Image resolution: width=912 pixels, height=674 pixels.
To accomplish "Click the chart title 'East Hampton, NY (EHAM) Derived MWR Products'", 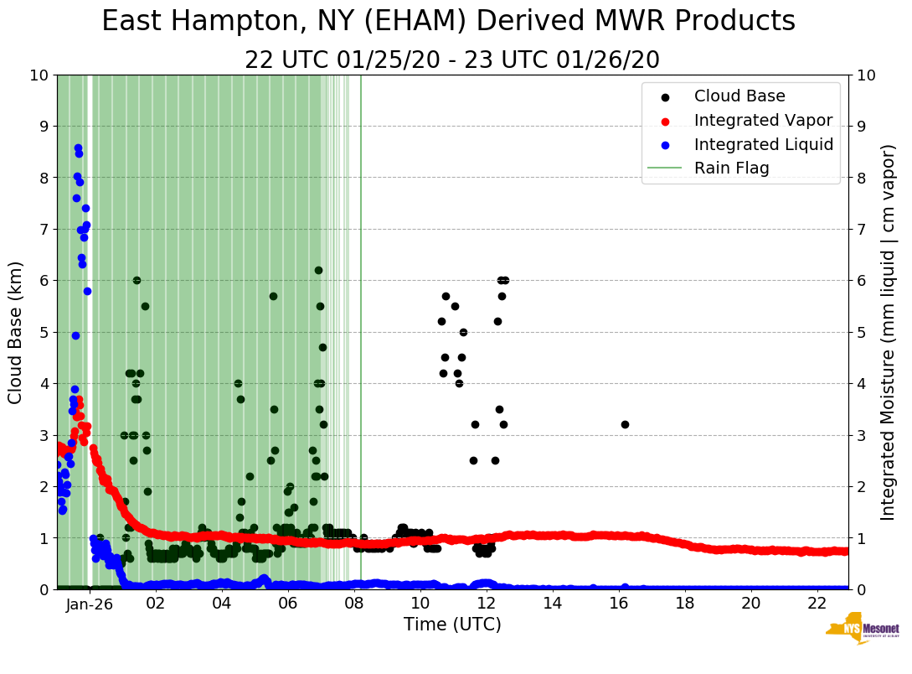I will [448, 22].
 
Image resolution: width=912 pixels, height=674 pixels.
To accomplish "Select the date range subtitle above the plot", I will [452, 60].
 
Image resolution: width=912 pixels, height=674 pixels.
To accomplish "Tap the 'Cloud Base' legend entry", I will [739, 96].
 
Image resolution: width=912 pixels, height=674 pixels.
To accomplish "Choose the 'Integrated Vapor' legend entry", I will [763, 120].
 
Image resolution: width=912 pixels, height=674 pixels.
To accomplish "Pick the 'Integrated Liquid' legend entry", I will [763, 144].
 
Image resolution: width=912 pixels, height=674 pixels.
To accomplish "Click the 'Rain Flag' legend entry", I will [731, 168].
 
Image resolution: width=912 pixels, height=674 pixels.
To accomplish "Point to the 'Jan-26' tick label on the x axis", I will [90, 604].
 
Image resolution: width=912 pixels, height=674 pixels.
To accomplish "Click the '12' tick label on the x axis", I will [487, 604].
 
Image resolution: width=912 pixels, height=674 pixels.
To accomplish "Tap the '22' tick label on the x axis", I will [817, 604].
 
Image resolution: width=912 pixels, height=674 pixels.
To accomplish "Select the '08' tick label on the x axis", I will [354, 604].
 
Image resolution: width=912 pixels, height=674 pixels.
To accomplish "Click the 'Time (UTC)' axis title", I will [452, 625].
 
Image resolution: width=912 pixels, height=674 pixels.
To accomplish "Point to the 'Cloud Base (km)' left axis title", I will [16, 332].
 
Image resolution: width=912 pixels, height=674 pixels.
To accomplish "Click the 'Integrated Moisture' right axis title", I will [889, 332].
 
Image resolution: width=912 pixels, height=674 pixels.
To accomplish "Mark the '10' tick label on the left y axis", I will [39, 75].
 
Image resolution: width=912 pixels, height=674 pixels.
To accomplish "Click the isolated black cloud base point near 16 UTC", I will [625, 424].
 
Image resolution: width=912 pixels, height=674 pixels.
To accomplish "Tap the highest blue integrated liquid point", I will [78, 148].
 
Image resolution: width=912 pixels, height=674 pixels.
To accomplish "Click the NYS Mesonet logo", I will [863, 631].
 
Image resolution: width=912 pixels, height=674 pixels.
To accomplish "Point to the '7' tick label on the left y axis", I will [42, 229].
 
